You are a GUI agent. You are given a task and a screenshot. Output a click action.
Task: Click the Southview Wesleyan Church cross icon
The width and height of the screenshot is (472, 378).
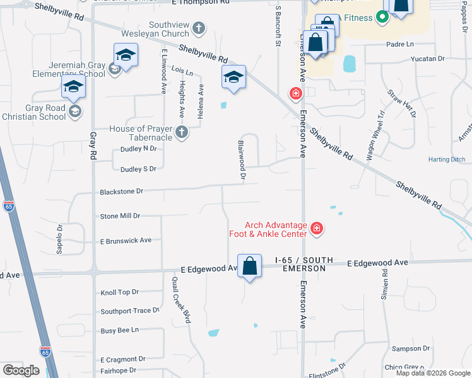[199, 28]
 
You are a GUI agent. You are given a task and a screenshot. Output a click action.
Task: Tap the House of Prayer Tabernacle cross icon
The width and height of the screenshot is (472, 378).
[182, 132]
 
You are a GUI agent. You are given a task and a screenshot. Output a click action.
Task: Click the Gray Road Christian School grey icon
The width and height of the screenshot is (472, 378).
[75, 112]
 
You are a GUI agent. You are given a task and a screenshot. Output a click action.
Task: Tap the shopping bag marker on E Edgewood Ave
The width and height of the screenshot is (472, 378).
[250, 266]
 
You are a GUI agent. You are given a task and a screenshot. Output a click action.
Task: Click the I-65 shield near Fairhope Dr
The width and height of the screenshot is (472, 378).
[45, 351]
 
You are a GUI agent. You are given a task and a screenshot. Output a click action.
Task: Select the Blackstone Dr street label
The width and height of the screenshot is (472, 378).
[122, 191]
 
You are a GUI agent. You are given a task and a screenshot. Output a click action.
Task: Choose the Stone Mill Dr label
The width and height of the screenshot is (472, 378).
[120, 216]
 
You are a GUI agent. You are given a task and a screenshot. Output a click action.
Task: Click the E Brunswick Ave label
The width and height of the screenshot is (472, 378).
[126, 241]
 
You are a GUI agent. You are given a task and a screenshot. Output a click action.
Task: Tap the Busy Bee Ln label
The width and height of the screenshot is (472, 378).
[119, 330]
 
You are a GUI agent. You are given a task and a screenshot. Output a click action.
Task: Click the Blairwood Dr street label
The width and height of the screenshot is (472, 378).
[241, 161]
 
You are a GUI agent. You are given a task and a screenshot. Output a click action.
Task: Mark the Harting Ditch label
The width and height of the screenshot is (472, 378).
[445, 160]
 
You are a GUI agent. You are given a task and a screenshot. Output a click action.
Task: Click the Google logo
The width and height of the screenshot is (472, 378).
[21, 370]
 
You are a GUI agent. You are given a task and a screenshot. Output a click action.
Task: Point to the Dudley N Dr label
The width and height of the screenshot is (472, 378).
[138, 149]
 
